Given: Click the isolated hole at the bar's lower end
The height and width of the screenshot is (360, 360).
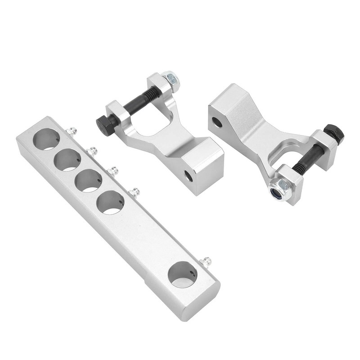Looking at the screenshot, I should [x=183, y=275].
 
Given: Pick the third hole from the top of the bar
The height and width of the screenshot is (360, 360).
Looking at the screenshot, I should [x=88, y=180].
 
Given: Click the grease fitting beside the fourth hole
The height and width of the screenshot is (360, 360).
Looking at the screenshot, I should [x=134, y=193].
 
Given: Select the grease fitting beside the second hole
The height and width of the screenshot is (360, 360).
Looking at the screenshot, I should [x=92, y=151].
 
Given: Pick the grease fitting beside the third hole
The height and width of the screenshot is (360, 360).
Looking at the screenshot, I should [x=112, y=171].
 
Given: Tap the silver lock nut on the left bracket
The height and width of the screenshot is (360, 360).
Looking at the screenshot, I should [x=171, y=80].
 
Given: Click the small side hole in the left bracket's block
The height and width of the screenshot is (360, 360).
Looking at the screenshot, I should [x=189, y=176].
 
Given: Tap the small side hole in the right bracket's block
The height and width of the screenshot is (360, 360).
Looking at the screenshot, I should [x=217, y=121].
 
